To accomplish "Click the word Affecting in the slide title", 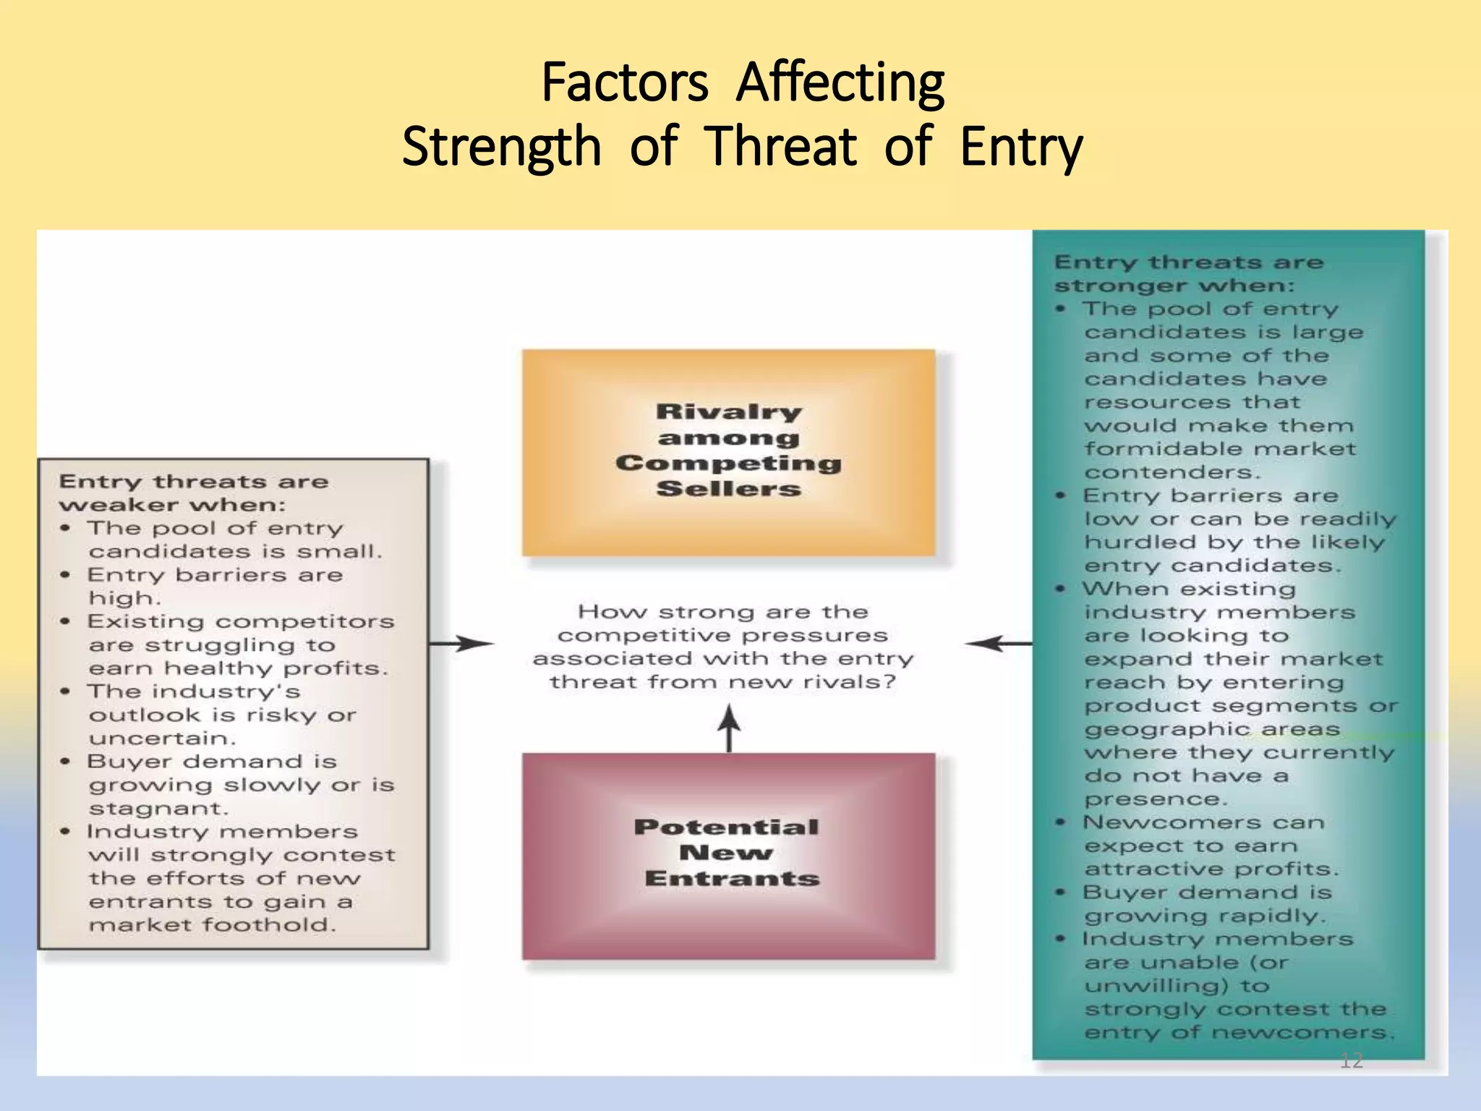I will pos(840,83).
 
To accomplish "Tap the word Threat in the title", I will pos(781,147).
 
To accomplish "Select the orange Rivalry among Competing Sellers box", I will pos(728,452).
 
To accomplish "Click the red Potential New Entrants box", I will pos(728,856).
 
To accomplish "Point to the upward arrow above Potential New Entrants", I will pos(729,728).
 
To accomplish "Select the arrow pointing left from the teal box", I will pos(998,643).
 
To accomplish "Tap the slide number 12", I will pos(1351,1060).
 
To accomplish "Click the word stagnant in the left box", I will pos(158,808).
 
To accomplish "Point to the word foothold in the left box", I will pos(268,924).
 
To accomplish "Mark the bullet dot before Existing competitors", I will pos(66,621).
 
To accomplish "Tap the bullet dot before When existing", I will pos(1060,589).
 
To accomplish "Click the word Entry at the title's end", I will pos(1021,147).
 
